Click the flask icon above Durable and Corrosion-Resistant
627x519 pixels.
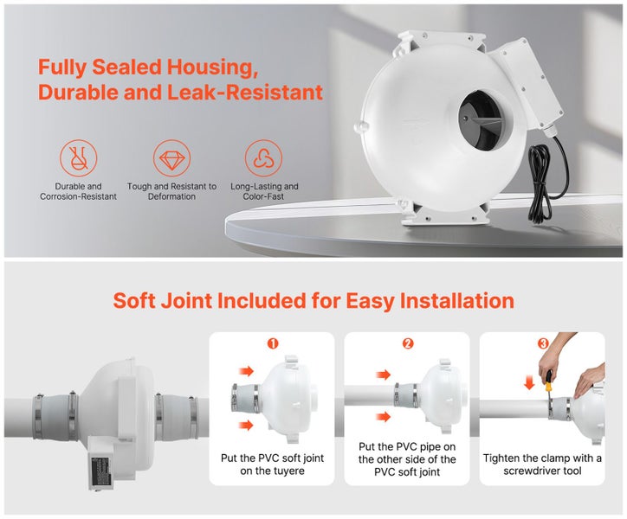(x=78, y=157)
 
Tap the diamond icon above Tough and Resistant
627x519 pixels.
(x=171, y=157)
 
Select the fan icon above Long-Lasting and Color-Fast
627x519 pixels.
(x=264, y=157)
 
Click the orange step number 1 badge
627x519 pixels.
(x=273, y=343)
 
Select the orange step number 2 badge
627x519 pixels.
(x=408, y=343)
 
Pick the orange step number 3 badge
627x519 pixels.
(x=543, y=343)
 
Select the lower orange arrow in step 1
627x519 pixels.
(x=247, y=425)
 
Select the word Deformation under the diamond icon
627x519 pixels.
(x=171, y=197)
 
